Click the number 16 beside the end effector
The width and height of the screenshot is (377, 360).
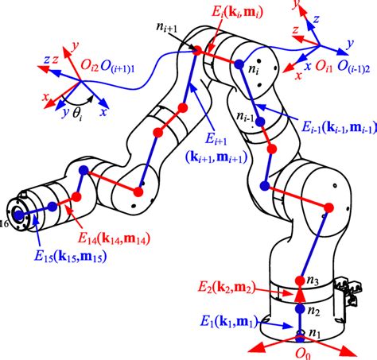click(x=5, y=226)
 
